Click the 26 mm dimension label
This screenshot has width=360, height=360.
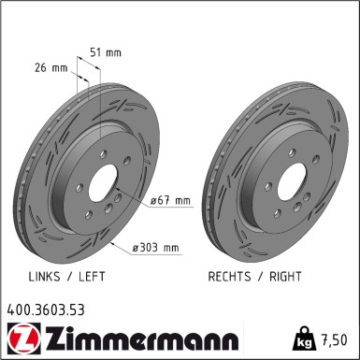tap(49, 68)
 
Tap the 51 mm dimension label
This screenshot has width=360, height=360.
tap(107, 52)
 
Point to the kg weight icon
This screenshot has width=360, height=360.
tap(305, 336)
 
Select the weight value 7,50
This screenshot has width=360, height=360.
tap(335, 337)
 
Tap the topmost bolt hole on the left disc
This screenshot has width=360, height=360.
tap(98, 150)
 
